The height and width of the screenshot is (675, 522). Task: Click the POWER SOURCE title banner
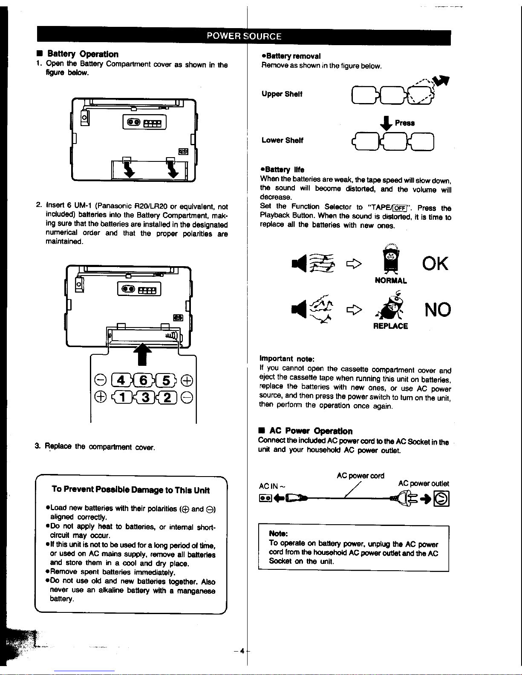tap(244, 36)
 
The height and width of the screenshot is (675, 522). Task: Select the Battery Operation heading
tap(83, 54)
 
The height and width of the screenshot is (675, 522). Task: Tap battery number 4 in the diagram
tap(121, 380)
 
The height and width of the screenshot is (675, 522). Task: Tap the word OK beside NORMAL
tap(435, 264)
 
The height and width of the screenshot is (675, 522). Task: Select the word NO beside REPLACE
tap(437, 310)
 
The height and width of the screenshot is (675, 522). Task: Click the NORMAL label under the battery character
tap(391, 281)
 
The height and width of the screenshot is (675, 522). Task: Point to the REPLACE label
tap(390, 326)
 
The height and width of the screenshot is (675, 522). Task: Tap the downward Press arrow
tap(386, 124)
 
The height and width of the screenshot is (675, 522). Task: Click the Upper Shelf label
tap(282, 94)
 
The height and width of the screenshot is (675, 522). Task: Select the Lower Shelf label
tap(282, 140)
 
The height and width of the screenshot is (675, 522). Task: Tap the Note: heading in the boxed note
tap(279, 534)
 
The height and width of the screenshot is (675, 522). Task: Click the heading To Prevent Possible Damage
tap(130, 490)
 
